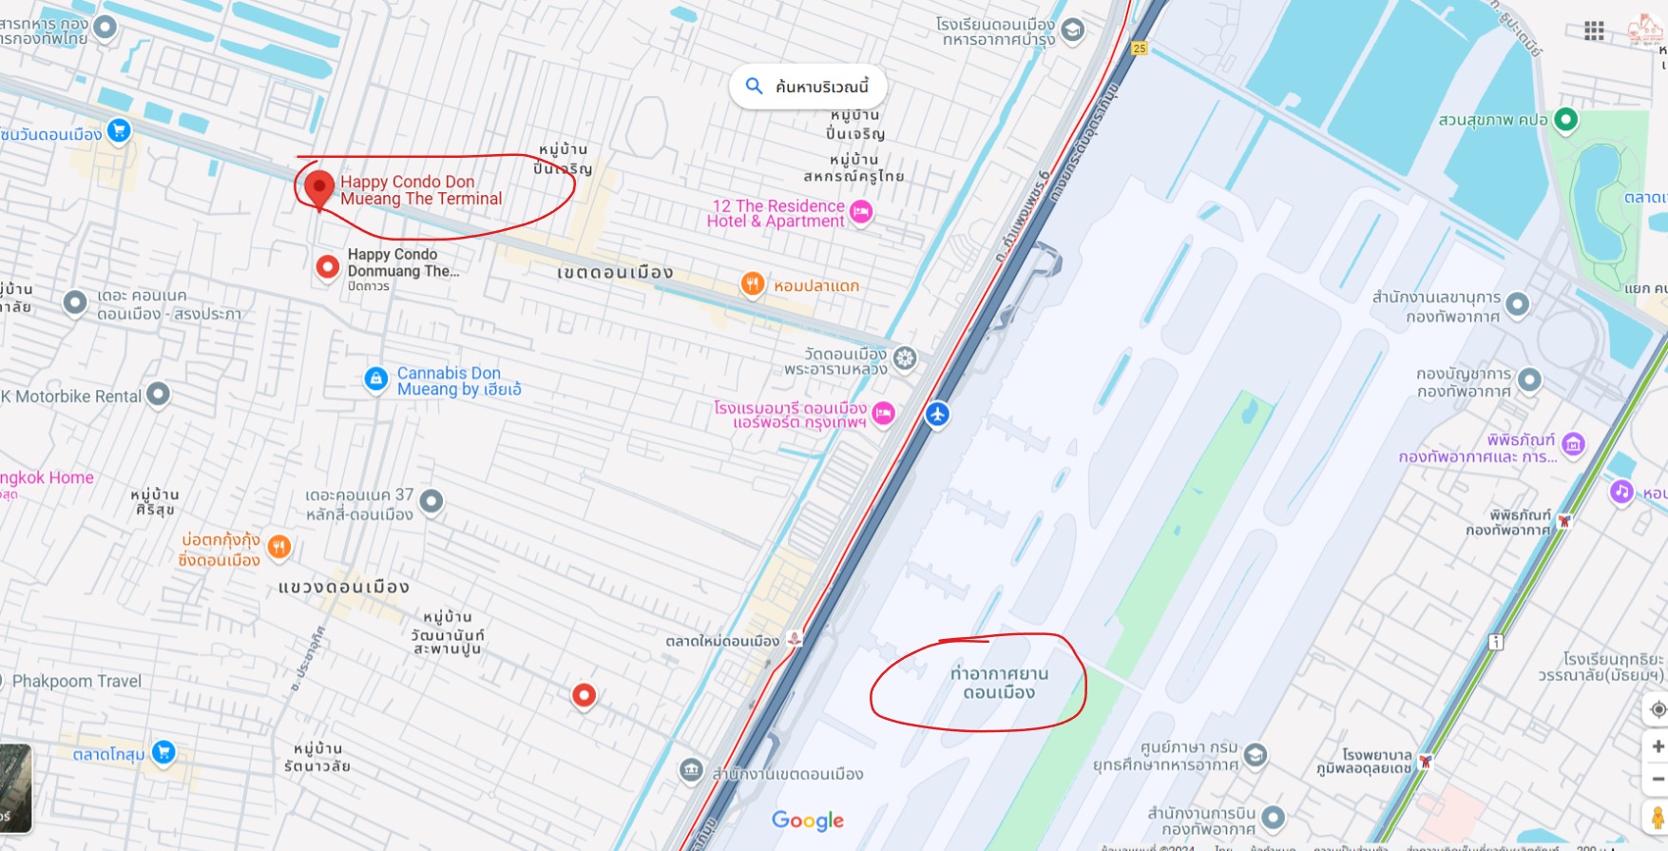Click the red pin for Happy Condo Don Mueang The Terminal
[x=318, y=186]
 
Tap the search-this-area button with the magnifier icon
[x=808, y=87]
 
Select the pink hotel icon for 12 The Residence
[x=861, y=212]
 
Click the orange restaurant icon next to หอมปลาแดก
[x=753, y=283]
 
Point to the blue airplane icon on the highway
[x=937, y=414]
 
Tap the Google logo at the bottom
[x=807, y=820]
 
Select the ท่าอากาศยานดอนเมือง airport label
[x=999, y=683]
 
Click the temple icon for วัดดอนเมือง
[x=905, y=358]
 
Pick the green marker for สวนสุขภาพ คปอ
[x=1564, y=120]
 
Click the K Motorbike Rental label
[x=71, y=396]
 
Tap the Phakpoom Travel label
[x=76, y=681]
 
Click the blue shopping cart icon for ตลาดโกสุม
[x=163, y=752]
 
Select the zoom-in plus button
[x=1657, y=746]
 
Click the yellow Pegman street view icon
[x=1657, y=817]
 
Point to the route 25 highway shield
[x=1139, y=48]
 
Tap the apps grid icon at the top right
[x=1594, y=30]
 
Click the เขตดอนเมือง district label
[x=615, y=273]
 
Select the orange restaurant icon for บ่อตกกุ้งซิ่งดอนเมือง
[x=278, y=546]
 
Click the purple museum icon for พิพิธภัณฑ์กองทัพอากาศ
[x=1573, y=444]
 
